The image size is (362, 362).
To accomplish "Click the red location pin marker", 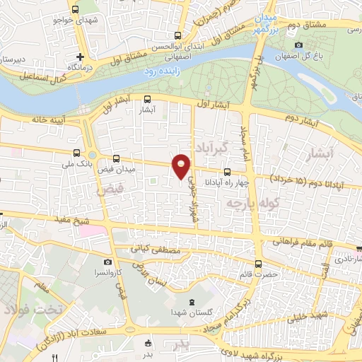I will click(182, 165).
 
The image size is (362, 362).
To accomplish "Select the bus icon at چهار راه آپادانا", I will click(227, 172).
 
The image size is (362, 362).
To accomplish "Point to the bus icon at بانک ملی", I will click(76, 153).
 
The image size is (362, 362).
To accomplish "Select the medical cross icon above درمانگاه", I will click(81, 57).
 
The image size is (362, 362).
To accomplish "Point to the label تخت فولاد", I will click(33, 310).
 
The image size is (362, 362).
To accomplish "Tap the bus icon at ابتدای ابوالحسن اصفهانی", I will click(178, 36).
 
